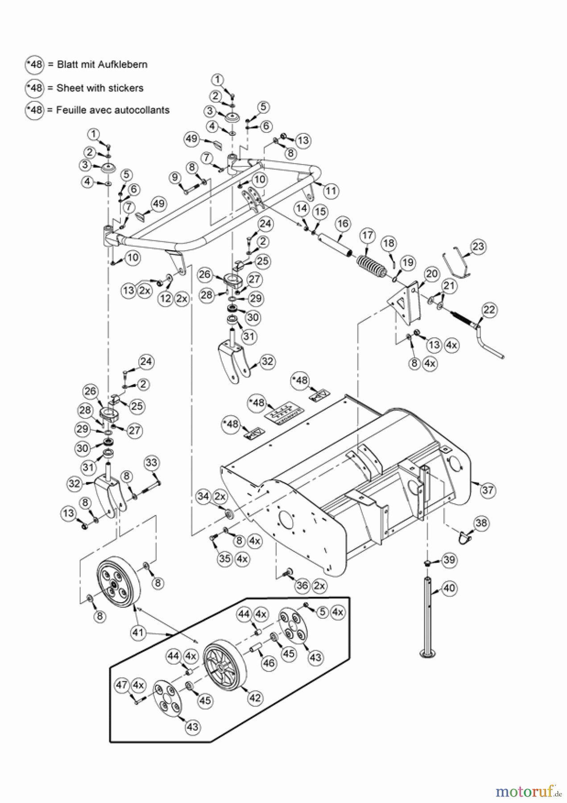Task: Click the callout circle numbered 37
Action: [x=488, y=490]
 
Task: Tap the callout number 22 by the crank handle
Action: [x=489, y=310]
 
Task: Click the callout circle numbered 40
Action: [x=449, y=588]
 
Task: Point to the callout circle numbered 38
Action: [x=481, y=522]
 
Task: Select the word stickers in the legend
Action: [x=124, y=88]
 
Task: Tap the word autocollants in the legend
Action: [x=141, y=110]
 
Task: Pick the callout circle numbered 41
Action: [x=138, y=632]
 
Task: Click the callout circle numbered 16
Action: [x=343, y=224]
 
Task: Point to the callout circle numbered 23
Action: [x=478, y=246]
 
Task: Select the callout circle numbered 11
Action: [x=331, y=191]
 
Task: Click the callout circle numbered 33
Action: [x=151, y=462]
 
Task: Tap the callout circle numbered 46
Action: [x=268, y=663]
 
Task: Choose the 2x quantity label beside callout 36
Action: [x=319, y=585]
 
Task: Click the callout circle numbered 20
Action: [x=431, y=273]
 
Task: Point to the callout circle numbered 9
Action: [x=175, y=178]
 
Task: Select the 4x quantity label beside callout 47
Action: [x=138, y=684]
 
